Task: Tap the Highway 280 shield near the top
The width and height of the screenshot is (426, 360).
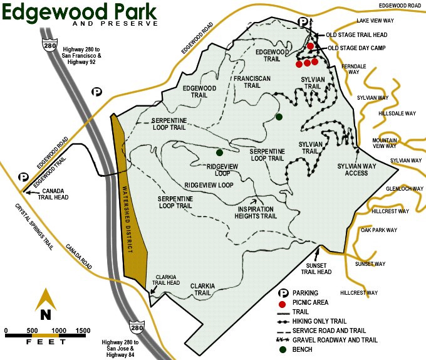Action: (47, 43)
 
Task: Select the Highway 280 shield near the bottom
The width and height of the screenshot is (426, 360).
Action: (137, 327)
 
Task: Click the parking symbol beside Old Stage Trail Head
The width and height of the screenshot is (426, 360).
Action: (303, 22)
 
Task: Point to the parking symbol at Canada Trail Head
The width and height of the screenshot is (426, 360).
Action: (23, 178)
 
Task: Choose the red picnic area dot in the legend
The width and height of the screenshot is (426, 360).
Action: (284, 302)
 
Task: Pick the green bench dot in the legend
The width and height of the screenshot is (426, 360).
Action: (284, 349)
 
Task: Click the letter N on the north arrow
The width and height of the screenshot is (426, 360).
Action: (45, 314)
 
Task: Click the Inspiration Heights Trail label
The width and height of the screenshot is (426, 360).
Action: (256, 212)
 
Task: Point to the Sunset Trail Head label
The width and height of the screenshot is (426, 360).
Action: (316, 268)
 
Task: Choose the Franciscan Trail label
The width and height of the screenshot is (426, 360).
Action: (248, 82)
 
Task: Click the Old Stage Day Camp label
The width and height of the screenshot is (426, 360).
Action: (356, 48)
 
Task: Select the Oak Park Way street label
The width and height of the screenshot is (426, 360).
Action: (380, 230)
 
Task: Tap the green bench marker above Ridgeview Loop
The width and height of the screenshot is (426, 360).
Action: (219, 152)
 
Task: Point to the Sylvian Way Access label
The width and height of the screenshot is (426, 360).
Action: (356, 169)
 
